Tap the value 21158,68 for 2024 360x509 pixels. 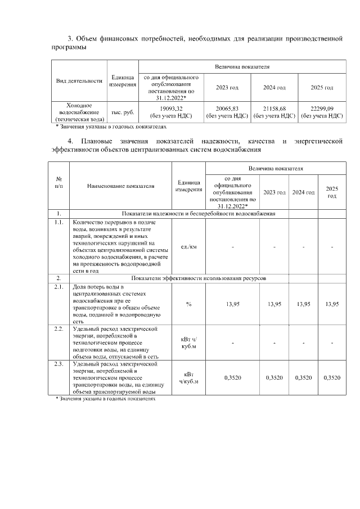tap(274, 109)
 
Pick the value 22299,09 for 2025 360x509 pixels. tap(322, 109)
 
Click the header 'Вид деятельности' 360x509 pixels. tap(79, 80)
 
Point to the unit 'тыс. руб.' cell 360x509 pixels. tap(123, 112)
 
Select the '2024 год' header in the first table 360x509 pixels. tap(274, 88)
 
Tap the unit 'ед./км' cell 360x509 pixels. tap(188, 246)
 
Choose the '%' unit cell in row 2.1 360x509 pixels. tap(188, 304)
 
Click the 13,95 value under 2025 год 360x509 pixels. tap(332, 304)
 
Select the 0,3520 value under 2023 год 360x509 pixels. tap(274, 377)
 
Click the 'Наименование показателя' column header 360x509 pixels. tap(120, 186)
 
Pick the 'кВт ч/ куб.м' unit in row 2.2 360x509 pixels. tap(188, 341)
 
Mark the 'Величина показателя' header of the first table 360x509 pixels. tap(242, 67)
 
